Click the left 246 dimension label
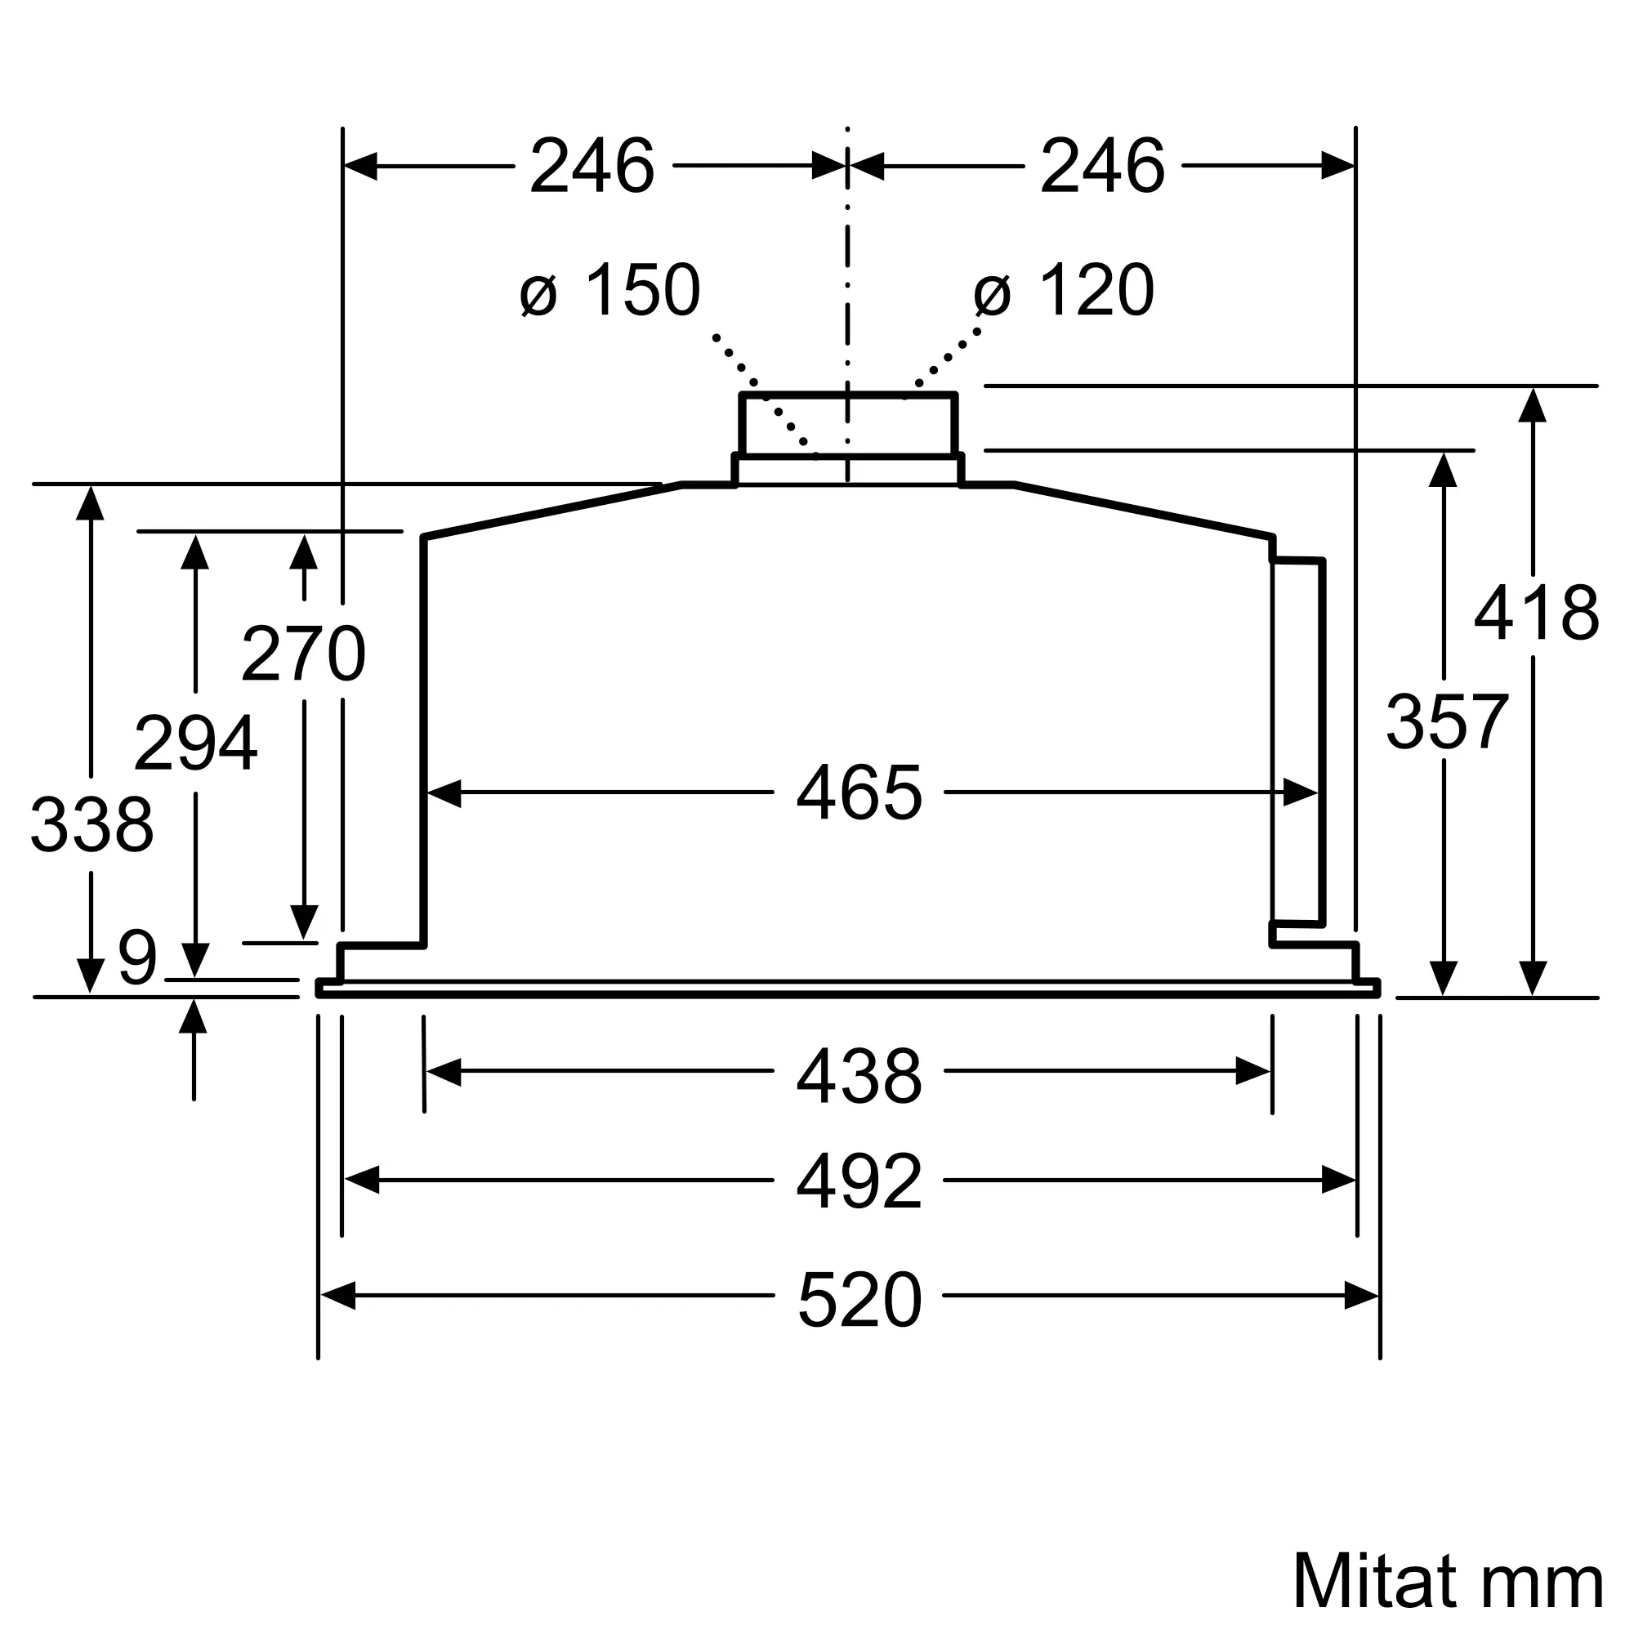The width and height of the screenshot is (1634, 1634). point(592,166)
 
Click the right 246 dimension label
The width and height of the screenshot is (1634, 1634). point(1102,166)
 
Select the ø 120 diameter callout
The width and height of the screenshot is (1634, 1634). point(1064,290)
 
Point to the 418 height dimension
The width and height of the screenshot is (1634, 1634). point(1536,614)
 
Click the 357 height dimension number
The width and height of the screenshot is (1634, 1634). point(1447,721)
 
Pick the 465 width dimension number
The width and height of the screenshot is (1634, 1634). point(859,792)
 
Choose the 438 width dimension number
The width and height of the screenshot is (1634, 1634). point(859,1076)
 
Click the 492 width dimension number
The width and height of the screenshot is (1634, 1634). point(859,1181)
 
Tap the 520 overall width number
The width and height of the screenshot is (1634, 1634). point(859,1299)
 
